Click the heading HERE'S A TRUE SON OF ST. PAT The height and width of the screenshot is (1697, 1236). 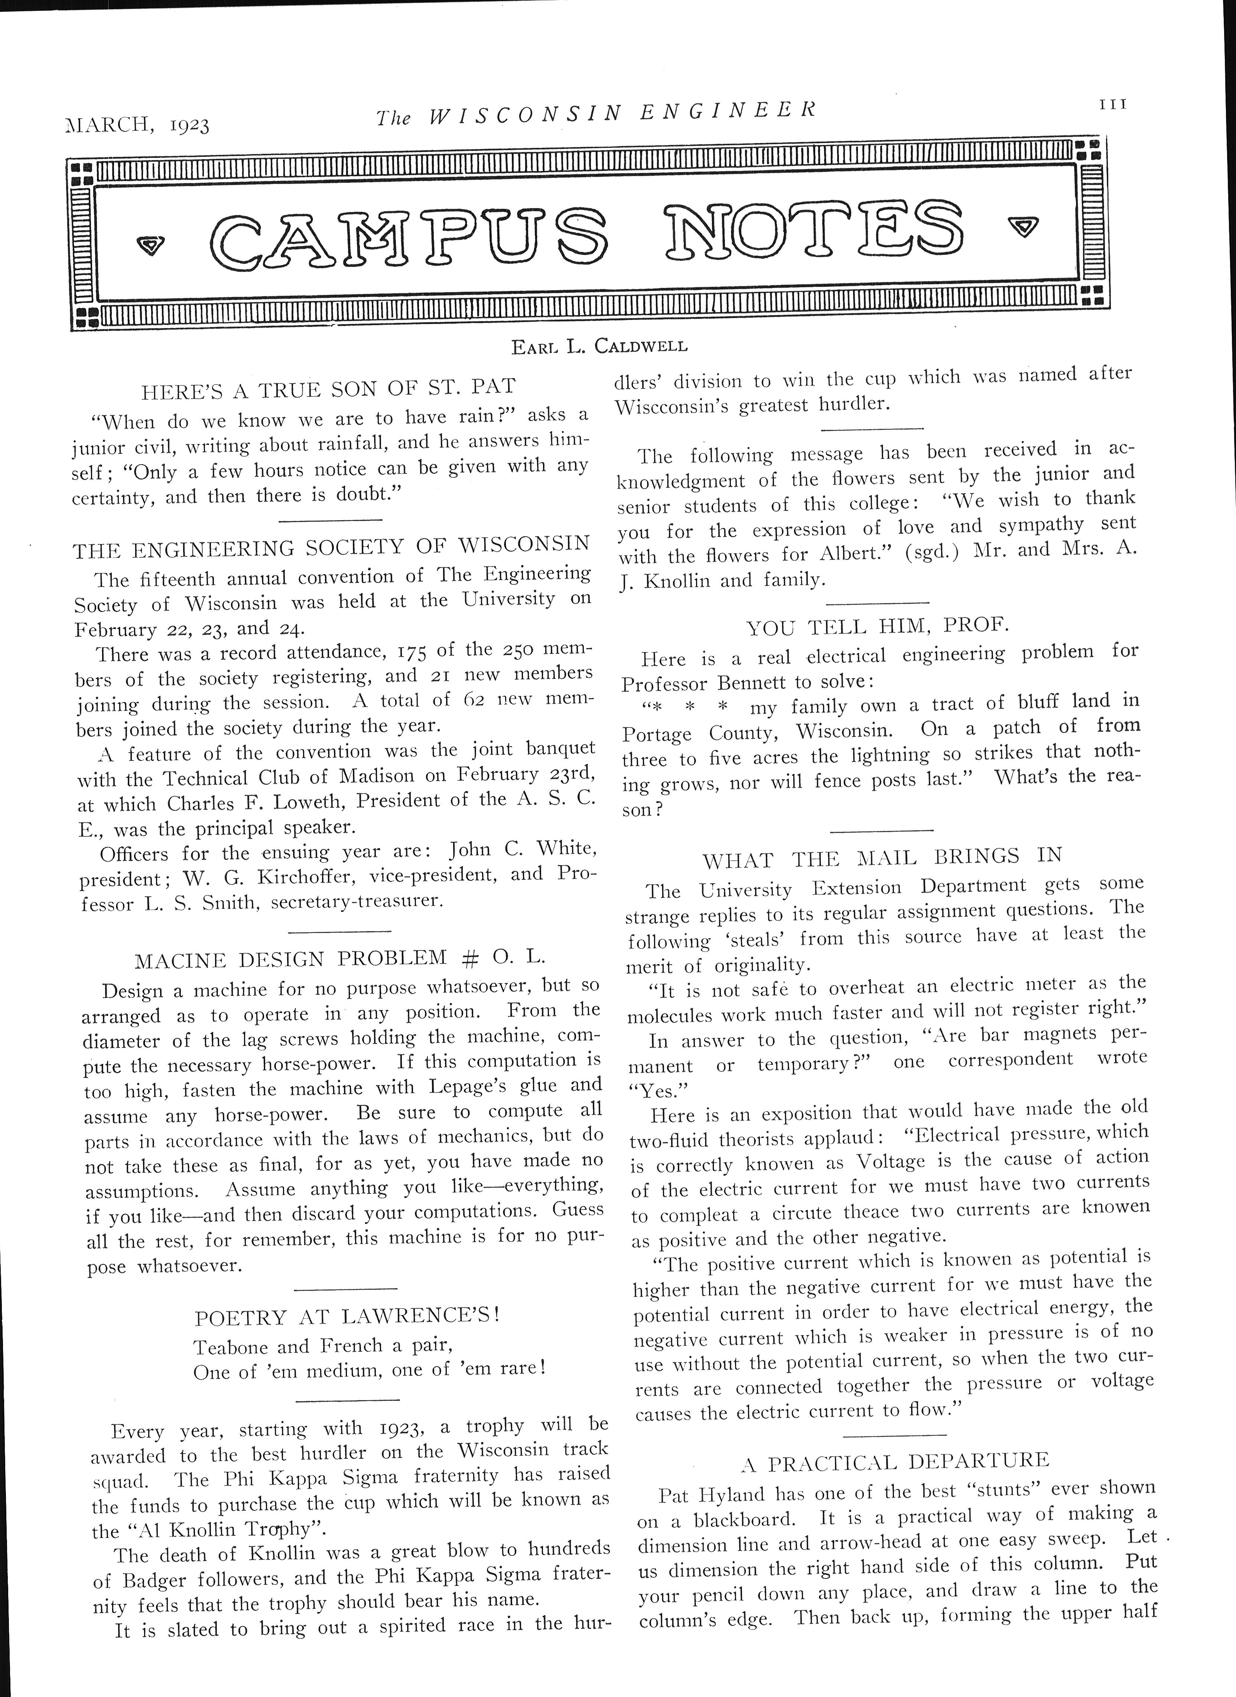(x=329, y=389)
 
